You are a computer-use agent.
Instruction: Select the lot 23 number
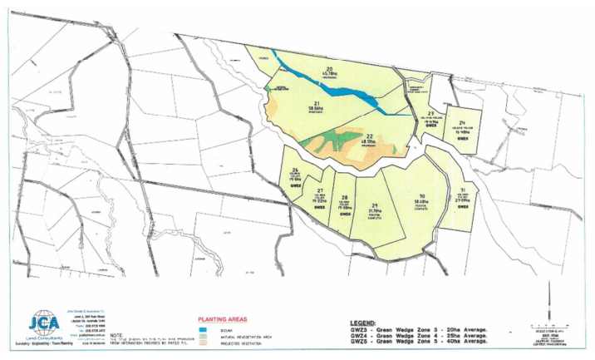pos(431,113)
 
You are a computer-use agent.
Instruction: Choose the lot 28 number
pos(344,197)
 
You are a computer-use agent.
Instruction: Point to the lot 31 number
pos(464,190)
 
